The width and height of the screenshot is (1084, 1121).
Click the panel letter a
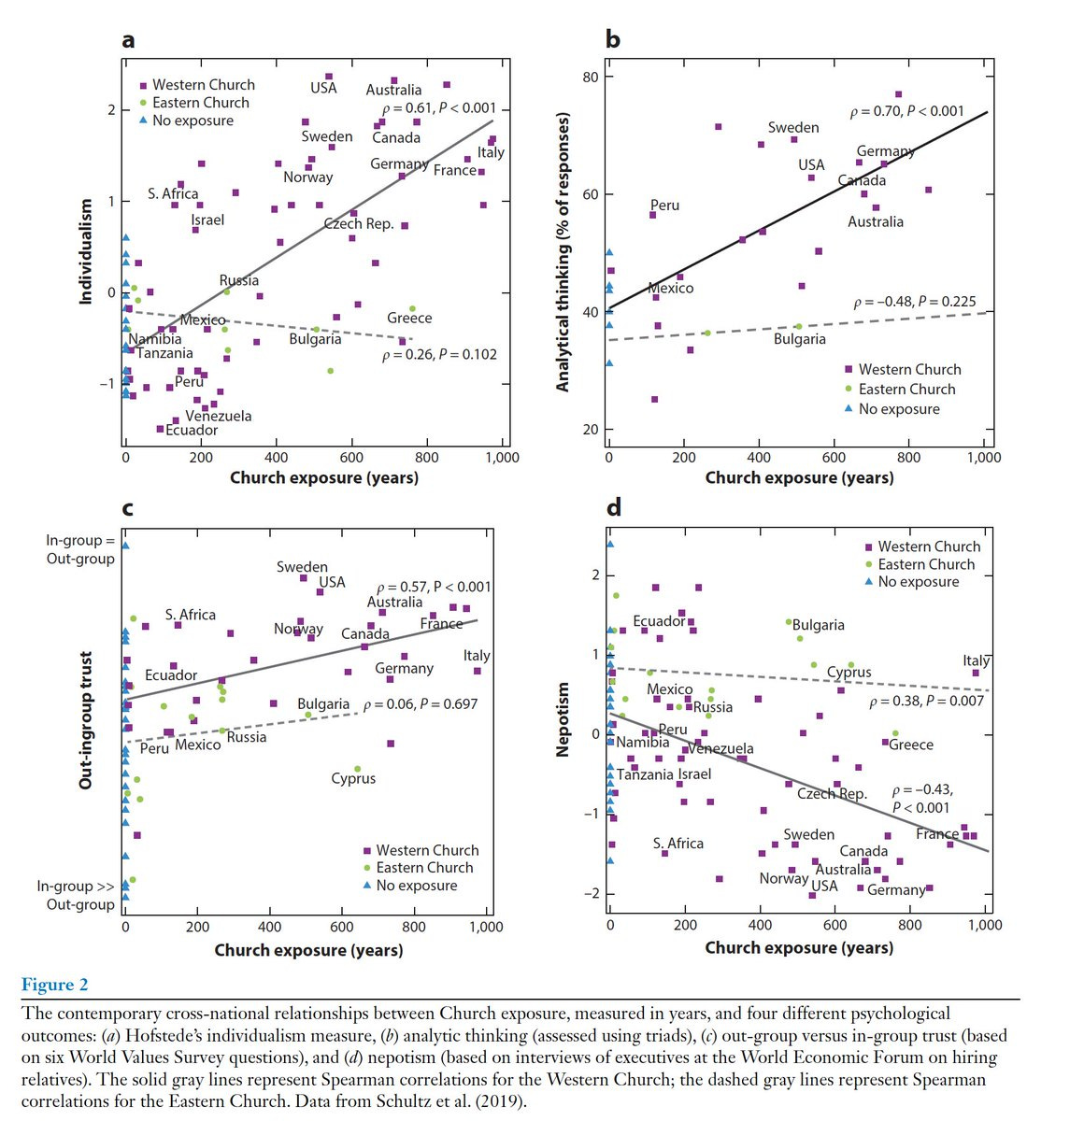pyautogui.click(x=128, y=40)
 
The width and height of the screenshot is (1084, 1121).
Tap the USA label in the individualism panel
pyautogui.click(x=323, y=89)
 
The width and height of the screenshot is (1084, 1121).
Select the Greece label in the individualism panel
pyautogui.click(x=409, y=319)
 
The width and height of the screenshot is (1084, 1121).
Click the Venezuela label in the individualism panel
pyautogui.click(x=218, y=416)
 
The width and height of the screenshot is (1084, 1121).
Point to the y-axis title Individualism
pyautogui.click(x=86, y=250)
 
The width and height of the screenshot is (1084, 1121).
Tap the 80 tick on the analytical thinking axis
pyautogui.click(x=592, y=77)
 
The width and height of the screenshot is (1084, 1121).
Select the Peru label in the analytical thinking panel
pyautogui.click(x=664, y=206)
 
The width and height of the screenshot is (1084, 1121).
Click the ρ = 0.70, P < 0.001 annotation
pyautogui.click(x=906, y=111)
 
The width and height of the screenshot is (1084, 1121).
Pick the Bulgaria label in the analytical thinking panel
pyautogui.click(x=799, y=339)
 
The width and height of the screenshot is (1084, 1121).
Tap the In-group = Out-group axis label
pyautogui.click(x=80, y=549)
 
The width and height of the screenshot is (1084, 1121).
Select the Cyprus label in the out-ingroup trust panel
pyautogui.click(x=353, y=778)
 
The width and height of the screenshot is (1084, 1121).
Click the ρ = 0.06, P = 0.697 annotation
pyautogui.click(x=421, y=703)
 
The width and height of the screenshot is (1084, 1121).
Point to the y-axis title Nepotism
pyautogui.click(x=563, y=719)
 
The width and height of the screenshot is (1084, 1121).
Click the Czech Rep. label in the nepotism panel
pyautogui.click(x=832, y=794)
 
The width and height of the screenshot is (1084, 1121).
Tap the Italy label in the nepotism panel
pyautogui.click(x=977, y=660)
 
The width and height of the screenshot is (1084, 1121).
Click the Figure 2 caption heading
pyautogui.click(x=54, y=985)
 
